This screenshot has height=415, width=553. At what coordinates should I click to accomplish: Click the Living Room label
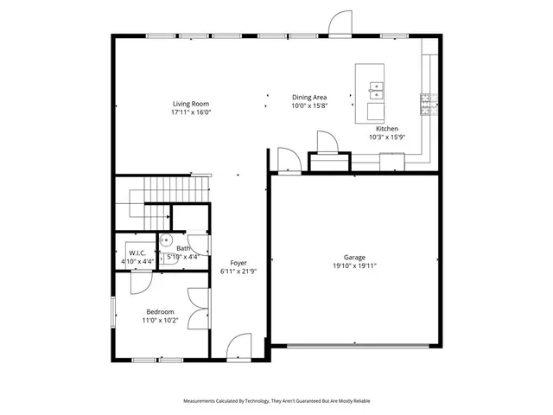click(x=191, y=104)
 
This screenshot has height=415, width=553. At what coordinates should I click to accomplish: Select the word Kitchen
click(x=386, y=128)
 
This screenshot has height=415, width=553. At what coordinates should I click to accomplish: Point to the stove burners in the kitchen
click(x=425, y=105)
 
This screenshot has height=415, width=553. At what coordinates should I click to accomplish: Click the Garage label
click(x=354, y=257)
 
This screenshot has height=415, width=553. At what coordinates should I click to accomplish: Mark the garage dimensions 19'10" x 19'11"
click(x=354, y=265)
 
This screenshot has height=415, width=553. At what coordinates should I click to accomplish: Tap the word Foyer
click(x=238, y=263)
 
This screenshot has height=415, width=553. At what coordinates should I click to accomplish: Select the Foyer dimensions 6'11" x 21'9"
click(x=238, y=271)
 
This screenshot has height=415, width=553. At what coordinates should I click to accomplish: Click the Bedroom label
click(x=160, y=311)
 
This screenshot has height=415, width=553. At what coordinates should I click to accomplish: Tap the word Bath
click(x=183, y=248)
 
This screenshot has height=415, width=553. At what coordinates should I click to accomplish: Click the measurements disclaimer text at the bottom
click(x=276, y=401)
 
